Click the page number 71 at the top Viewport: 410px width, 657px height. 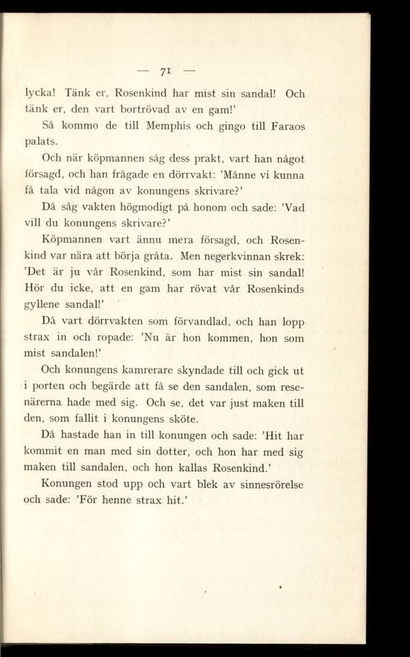(164, 71)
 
